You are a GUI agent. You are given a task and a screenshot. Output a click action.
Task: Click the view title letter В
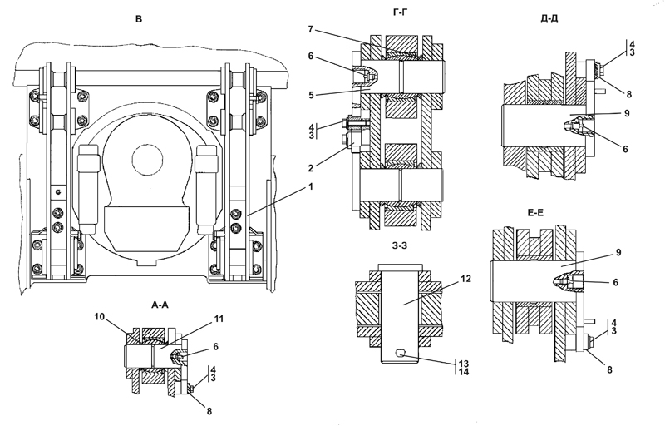(x=139, y=19)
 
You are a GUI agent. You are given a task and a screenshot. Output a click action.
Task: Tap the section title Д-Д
(x=549, y=18)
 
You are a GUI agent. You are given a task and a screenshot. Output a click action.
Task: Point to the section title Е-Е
(x=535, y=213)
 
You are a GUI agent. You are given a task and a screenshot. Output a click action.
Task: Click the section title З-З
(x=400, y=245)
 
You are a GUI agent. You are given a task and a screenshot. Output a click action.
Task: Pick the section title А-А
(x=160, y=305)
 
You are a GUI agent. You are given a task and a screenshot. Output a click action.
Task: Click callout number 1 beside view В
(x=310, y=186)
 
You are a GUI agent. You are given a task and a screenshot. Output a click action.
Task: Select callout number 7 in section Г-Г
(x=310, y=29)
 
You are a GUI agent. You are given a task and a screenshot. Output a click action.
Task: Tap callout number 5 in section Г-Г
(x=311, y=95)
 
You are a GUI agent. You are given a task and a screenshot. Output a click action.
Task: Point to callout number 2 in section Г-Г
(x=311, y=168)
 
